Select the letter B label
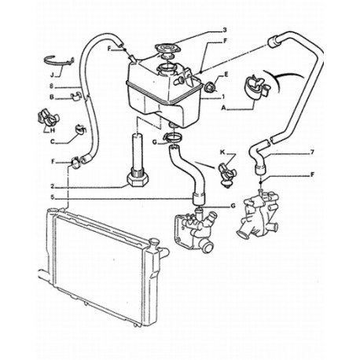[51, 97]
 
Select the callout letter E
[226, 75]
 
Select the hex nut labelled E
[210, 86]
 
